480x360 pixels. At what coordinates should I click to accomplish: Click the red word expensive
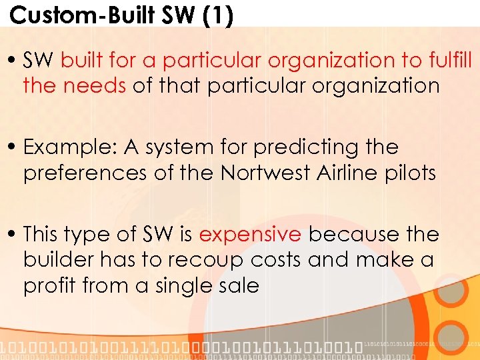[x=250, y=234]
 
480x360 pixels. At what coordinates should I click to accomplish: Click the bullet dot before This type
[x=14, y=235]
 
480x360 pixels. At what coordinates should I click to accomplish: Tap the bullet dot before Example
[x=14, y=147]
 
